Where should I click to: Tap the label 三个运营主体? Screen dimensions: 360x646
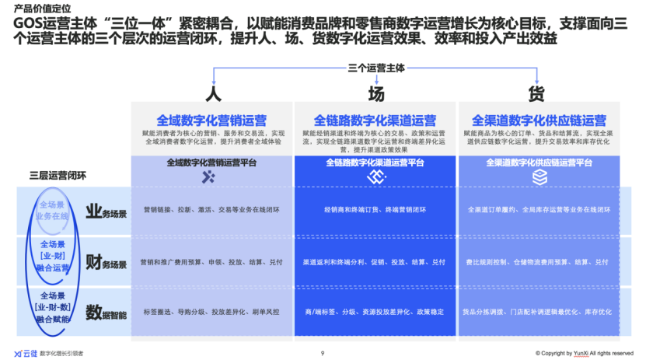pos(376,68)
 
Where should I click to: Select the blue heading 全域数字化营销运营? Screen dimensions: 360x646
pos(211,121)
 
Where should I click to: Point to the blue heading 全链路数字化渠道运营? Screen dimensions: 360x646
pos(375,121)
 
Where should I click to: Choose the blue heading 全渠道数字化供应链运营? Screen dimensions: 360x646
pos(539,121)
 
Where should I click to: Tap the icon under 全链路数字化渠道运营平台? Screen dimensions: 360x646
pos(375,178)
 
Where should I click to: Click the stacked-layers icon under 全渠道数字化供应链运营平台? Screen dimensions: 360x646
pos(539,178)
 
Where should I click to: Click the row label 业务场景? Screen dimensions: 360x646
pos(106,211)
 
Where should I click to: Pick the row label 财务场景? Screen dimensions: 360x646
pos(106,261)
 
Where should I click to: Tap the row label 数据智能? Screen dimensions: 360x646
pos(106,313)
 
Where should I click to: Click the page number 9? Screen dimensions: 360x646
pos(322,353)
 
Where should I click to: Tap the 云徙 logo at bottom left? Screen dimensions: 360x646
pos(26,353)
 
